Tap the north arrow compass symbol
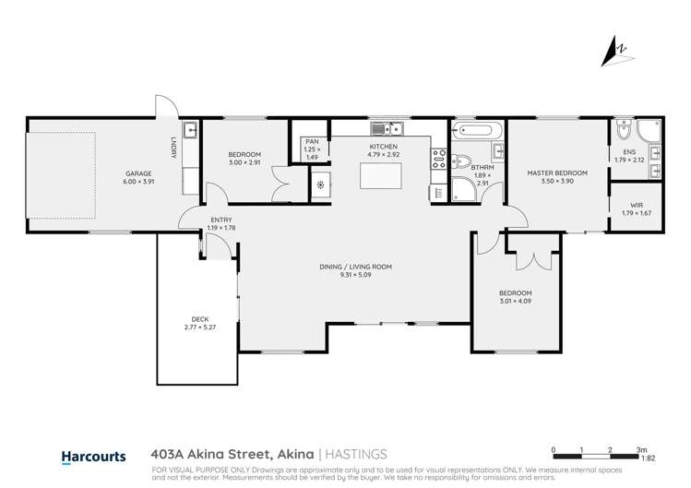point(618,50)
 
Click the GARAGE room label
point(138,173)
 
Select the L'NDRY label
point(173,147)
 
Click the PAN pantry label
point(311,141)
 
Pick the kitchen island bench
point(382,173)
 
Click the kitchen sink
point(385,129)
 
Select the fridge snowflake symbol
point(320,185)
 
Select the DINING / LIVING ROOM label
point(356,267)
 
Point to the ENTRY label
point(196,220)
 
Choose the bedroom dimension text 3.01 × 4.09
point(516,301)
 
